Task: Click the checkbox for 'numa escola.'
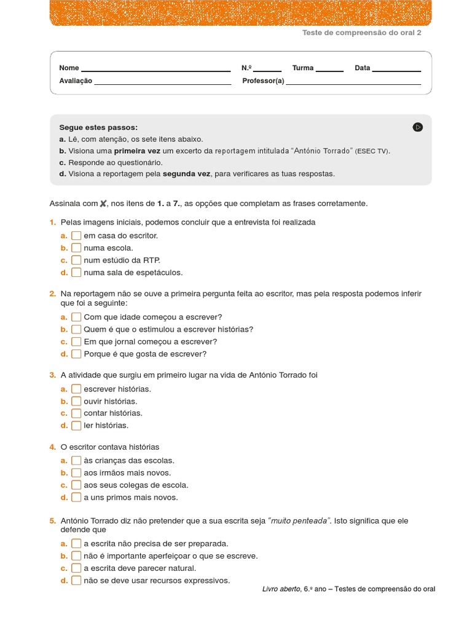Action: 76,248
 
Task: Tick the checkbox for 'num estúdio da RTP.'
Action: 76,260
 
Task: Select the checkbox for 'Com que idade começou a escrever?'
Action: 76,317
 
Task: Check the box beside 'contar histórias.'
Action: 76,413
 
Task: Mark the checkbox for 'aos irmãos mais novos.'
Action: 76,473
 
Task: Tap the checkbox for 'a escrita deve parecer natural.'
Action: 76,568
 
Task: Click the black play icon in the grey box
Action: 418,127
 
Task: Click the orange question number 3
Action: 52,375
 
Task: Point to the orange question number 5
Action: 52,521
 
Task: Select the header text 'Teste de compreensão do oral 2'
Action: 362,33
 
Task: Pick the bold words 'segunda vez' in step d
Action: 186,174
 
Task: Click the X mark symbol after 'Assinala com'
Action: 103,204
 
